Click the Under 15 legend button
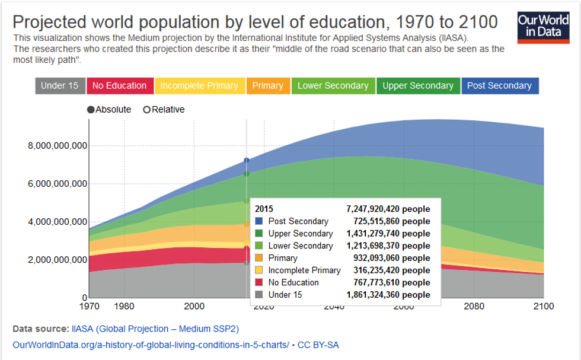point(59,85)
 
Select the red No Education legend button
point(119,85)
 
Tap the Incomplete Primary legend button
point(199,85)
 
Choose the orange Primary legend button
point(267,85)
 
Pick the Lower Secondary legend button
point(333,85)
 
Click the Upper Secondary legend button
point(418,85)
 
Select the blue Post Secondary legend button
point(499,85)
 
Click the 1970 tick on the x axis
point(89,307)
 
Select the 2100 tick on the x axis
point(543,307)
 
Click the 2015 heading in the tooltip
point(264,209)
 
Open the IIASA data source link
point(155,329)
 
